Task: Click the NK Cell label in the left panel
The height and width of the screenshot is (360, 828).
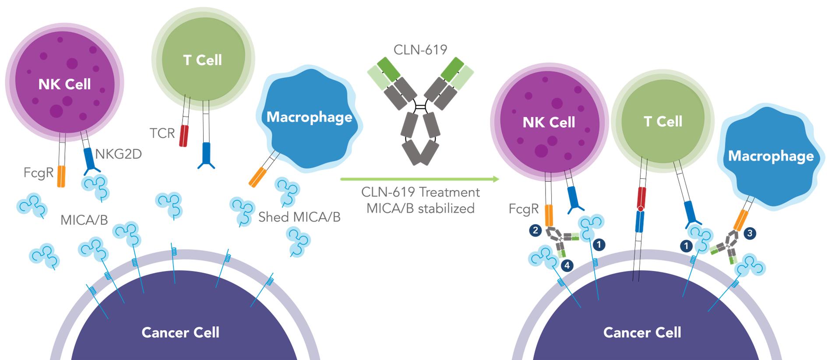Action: pos(64,84)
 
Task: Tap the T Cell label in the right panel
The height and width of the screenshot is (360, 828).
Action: pos(662,121)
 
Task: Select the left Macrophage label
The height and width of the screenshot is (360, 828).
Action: pos(309,117)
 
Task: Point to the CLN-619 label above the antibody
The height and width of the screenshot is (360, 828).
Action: pos(420,49)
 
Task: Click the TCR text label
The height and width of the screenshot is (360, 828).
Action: pos(162,133)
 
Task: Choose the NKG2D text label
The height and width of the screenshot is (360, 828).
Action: pos(118,154)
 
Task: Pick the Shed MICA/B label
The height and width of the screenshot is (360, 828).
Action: pos(299,217)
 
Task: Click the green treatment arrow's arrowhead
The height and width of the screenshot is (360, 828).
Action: pos(496,179)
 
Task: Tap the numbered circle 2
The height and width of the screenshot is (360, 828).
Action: pos(535,230)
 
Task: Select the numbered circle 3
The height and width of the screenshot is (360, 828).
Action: pos(750,233)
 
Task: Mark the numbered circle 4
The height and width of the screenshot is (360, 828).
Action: pos(567,265)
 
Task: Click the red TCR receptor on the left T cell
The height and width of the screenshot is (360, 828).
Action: pos(183,136)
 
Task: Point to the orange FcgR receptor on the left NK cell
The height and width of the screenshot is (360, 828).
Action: pos(61,176)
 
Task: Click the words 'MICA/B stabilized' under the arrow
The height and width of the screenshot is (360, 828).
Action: pos(420,208)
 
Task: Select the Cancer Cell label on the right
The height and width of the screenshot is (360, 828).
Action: pos(642,332)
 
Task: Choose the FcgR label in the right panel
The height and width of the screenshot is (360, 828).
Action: pos(523,209)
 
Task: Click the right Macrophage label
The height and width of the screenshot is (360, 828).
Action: pos(771,156)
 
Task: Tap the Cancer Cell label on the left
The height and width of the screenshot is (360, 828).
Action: pos(180,332)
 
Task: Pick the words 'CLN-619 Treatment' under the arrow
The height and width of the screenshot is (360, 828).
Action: pos(420,192)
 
